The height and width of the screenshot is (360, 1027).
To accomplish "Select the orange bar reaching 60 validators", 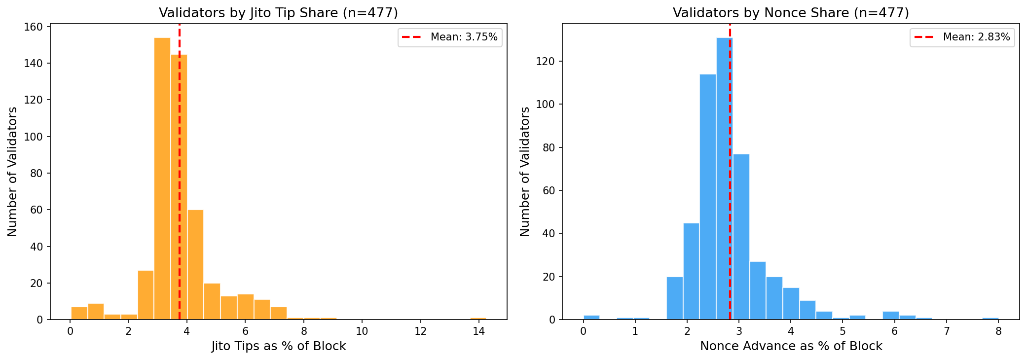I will pos(195,264).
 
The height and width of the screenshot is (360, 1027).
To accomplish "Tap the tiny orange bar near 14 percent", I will pos(478,319).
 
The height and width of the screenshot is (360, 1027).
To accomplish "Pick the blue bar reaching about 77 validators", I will pos(741,237).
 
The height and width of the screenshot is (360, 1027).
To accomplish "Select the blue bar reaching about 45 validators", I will pos(691,271).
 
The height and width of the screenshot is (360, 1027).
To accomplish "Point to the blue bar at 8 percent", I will pos(990,318).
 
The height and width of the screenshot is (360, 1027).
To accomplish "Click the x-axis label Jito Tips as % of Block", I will pos(279,346).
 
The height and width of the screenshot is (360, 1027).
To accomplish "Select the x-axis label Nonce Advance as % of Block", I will pos(791,346).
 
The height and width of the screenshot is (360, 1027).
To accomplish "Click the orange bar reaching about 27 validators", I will pos(146,295).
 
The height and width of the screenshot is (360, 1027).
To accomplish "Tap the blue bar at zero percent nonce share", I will pos(591,317).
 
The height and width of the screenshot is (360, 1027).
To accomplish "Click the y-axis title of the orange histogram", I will pos(12,172).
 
